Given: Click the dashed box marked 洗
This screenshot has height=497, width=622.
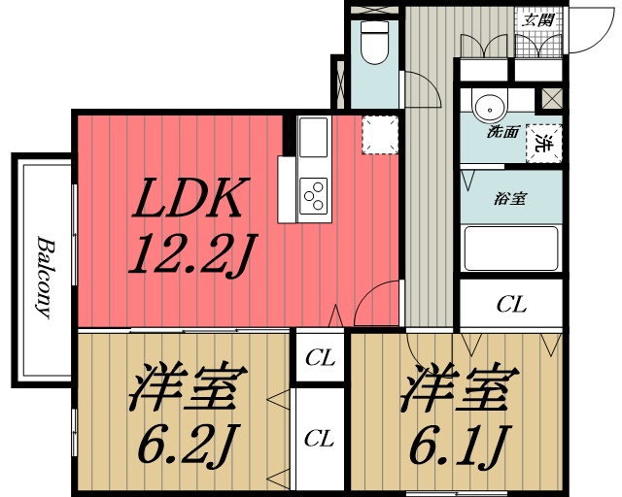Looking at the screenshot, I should point(544,142).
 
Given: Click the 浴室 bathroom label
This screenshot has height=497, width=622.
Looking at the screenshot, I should point(510,199).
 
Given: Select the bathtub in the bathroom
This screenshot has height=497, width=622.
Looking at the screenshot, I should point(510,248).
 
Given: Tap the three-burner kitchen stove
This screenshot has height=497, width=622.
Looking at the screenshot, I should point(313,197).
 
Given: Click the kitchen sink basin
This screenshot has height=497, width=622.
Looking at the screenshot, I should point(313,137).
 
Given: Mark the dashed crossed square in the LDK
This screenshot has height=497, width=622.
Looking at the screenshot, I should point(379,135).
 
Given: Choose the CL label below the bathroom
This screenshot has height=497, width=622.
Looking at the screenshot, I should point(511,305).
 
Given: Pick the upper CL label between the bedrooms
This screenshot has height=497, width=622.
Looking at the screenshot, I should point(320,358).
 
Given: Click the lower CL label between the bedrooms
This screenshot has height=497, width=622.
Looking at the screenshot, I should point(320,439).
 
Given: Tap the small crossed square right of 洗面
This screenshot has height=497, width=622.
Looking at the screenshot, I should point(551,99).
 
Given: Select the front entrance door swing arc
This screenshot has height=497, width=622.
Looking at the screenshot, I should point(583,34).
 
